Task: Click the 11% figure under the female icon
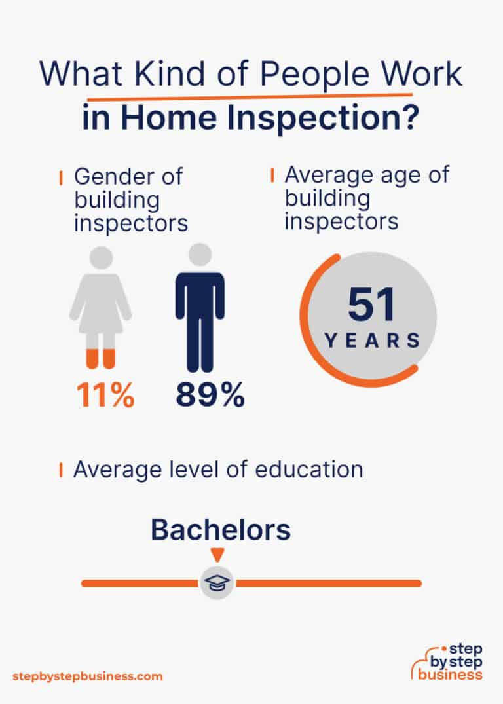click(x=105, y=396)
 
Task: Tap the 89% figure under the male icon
click(x=210, y=396)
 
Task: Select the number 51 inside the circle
click(x=371, y=305)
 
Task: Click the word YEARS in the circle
click(x=372, y=340)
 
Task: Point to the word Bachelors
click(x=221, y=530)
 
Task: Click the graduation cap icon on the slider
click(x=217, y=583)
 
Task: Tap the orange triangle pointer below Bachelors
click(x=217, y=554)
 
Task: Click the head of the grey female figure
click(x=101, y=257)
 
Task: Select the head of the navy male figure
click(x=200, y=255)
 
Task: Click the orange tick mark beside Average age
click(x=272, y=176)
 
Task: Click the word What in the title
click(x=81, y=76)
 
